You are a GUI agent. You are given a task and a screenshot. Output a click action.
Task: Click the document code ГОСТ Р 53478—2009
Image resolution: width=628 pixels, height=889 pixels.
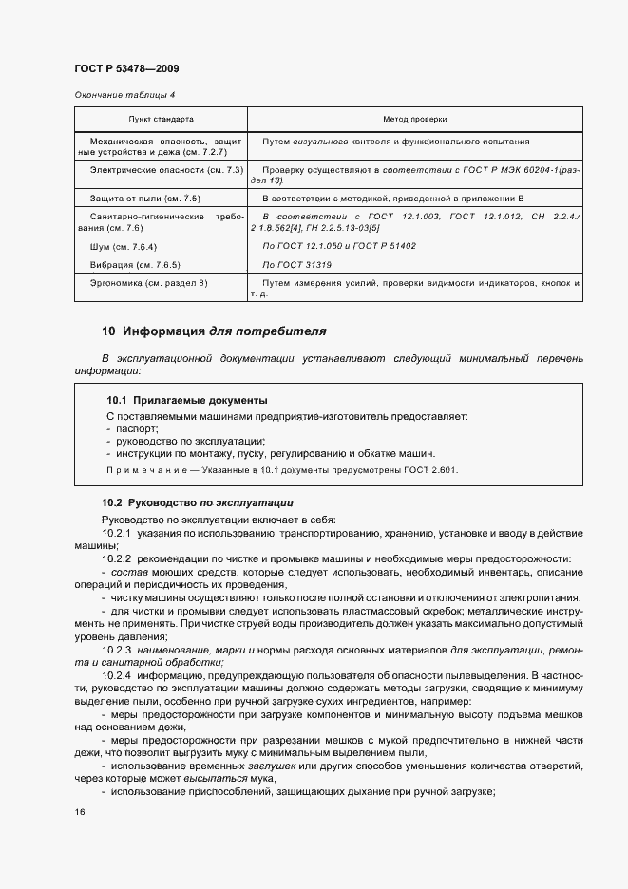(x=125, y=69)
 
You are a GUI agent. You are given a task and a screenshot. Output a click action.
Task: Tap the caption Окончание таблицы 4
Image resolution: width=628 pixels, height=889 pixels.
(x=124, y=96)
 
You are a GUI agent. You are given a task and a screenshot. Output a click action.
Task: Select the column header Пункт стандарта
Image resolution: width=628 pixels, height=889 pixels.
(x=161, y=120)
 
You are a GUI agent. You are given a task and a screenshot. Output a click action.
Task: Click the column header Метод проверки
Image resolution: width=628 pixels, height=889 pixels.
(x=414, y=120)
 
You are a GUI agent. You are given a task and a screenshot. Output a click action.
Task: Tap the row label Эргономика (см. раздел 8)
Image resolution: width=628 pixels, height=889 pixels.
(x=147, y=283)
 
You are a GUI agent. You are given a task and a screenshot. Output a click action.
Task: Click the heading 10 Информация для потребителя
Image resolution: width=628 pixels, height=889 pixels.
(x=214, y=331)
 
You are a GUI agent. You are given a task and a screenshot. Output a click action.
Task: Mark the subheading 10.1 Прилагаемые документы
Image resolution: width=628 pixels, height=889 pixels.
(x=186, y=400)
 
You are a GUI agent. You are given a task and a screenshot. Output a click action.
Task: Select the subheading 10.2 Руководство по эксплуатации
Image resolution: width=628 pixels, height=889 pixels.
(x=198, y=502)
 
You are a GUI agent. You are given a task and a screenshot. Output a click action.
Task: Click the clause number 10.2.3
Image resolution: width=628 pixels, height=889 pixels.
(x=117, y=649)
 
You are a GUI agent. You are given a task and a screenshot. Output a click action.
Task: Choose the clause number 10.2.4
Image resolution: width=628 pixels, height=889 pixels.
(x=117, y=673)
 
